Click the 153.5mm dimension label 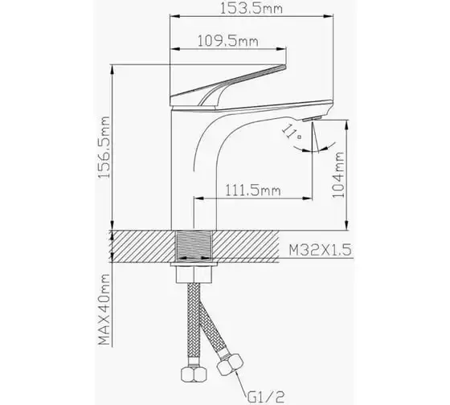[251, 8]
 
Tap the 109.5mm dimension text [228, 41]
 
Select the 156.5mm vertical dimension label [104, 147]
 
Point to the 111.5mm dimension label [252, 190]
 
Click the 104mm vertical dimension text [338, 174]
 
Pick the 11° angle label [292, 133]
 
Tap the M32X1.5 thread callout [320, 250]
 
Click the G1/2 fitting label [265, 397]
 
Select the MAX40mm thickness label [104, 309]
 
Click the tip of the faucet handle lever [285, 67]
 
